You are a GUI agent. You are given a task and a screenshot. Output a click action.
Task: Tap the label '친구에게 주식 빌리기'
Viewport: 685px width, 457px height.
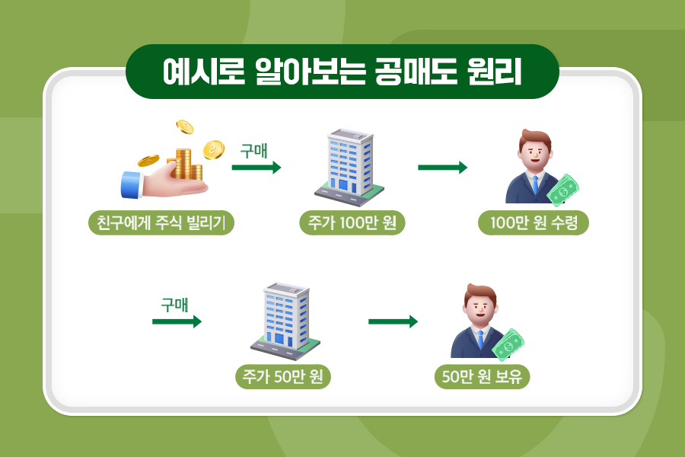(x=161, y=223)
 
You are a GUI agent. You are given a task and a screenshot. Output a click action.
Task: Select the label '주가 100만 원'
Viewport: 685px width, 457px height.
(x=352, y=223)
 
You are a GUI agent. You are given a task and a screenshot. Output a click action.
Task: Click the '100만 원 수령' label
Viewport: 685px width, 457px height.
(x=534, y=223)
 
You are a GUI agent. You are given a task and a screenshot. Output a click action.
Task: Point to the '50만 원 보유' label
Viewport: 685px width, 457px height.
(x=482, y=377)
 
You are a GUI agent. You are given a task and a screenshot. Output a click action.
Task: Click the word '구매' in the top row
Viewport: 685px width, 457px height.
(x=253, y=151)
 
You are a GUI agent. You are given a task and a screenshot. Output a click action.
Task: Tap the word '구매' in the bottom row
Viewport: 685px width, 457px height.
(x=174, y=305)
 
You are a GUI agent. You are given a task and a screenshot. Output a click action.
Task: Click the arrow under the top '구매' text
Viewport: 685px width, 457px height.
(x=256, y=168)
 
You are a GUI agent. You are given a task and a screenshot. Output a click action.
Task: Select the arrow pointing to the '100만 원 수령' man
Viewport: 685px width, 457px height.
(x=442, y=168)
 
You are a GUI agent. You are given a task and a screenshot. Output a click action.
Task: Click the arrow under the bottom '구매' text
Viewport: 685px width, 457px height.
(x=177, y=321)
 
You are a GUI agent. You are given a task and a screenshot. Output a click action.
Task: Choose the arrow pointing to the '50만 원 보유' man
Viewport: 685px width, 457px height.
(x=393, y=321)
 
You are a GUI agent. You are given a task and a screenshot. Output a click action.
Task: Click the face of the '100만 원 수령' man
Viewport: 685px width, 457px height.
(x=535, y=153)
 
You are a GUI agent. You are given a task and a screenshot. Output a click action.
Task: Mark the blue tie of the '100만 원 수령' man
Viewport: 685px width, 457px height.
(x=535, y=185)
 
